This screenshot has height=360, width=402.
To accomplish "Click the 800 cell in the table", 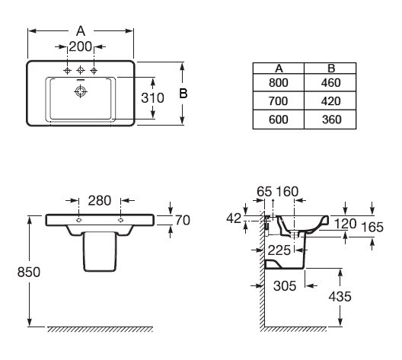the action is pos(279,82).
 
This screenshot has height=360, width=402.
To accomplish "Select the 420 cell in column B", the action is pos(330,101).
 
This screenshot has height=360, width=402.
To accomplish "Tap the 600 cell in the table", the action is pos(279,119).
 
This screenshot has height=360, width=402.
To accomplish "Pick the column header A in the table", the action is pos(279,68).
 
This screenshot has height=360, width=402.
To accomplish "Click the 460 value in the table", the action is pos(330,82).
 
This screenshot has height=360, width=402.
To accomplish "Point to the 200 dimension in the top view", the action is pos(81,46).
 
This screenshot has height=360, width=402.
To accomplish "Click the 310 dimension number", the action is pos(152,98).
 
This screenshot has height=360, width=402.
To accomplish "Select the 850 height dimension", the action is pos(29,272).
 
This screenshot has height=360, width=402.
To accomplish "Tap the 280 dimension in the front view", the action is pos(100,200).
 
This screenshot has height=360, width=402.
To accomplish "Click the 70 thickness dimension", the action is pos(183,221).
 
